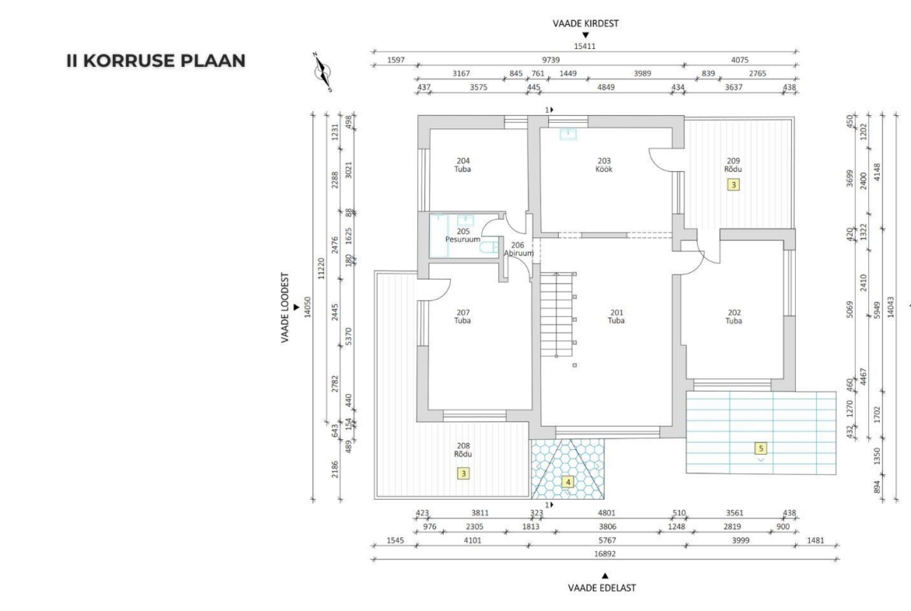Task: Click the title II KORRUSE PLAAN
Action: [x=156, y=61]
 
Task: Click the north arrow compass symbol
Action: [x=322, y=72]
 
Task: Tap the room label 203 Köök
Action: [x=603, y=165]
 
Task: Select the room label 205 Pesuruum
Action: [x=463, y=235]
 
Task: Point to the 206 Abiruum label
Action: [x=518, y=249]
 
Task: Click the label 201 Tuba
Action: [x=616, y=317]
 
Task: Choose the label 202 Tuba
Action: [x=733, y=317]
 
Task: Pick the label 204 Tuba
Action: [x=463, y=165]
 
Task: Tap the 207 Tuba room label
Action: [x=463, y=317]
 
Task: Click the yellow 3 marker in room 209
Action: [x=733, y=184]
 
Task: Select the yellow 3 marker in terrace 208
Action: [x=463, y=473]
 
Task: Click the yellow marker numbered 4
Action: [x=568, y=482]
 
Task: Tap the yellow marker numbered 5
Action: [x=761, y=448]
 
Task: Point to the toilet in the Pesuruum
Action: [x=489, y=248]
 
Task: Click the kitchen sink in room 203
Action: [x=568, y=134]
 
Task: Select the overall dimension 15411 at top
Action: [x=585, y=46]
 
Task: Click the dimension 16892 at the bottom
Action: [x=604, y=553]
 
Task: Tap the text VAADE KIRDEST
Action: [x=585, y=23]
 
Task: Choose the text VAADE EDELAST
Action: [x=602, y=587]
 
